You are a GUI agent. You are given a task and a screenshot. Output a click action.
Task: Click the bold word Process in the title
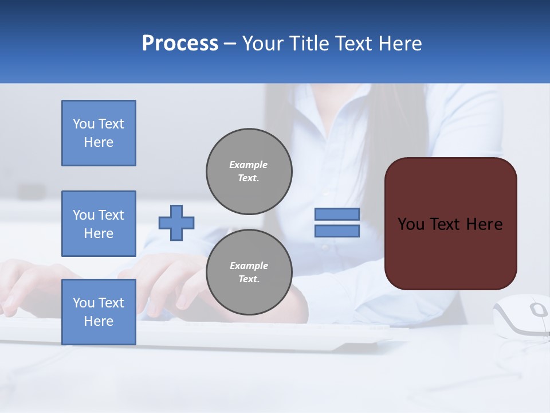180,44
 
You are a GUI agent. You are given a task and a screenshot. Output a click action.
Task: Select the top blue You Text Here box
99,133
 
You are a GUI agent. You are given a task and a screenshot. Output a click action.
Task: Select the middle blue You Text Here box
99,224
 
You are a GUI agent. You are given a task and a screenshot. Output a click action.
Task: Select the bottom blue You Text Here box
99,311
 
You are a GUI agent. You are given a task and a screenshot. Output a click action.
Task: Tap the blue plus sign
176,223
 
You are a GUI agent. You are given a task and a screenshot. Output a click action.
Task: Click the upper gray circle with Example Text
249,171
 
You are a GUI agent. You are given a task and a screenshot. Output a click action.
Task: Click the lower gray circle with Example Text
249,272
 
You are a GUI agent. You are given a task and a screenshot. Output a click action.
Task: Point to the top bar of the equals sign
337,214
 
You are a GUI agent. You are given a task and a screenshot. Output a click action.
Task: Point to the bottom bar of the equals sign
337,231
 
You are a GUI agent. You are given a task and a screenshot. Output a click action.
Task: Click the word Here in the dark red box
484,224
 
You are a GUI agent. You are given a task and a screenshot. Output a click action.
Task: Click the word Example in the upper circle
248,165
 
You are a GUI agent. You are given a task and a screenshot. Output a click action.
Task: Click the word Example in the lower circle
249,266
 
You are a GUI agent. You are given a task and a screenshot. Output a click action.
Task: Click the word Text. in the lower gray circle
249,279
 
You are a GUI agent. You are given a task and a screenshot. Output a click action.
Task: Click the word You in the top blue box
84,124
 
